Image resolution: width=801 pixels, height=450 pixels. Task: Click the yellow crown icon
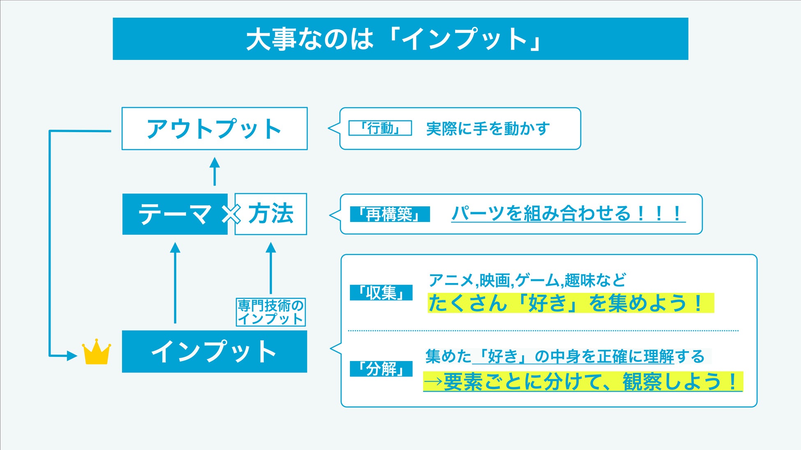pos(97,352)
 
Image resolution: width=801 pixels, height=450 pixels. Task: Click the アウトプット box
pos(214,129)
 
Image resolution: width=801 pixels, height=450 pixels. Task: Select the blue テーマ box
pos(175,214)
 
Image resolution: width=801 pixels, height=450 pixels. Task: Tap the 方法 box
pos(271,214)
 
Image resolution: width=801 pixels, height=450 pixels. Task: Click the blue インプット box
pos(214,352)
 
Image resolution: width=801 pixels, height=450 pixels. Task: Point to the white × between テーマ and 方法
pos(231,214)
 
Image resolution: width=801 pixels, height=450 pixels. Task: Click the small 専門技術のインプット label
pos(271,312)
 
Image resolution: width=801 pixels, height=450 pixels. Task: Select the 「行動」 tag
pos(380,128)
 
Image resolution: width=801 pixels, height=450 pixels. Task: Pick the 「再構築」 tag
pos(390,214)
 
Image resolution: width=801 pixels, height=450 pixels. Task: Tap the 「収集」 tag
pos(381,293)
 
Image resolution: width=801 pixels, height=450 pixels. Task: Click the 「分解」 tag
pos(381,369)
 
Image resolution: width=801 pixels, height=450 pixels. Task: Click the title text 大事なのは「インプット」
pos(394,39)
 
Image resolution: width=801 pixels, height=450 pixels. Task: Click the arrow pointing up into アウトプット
pos(214,171)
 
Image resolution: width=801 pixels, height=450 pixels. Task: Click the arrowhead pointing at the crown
pos(71,356)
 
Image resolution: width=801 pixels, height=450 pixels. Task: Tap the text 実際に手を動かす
pos(488,129)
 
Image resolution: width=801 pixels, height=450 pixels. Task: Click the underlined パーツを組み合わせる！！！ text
pos(568,214)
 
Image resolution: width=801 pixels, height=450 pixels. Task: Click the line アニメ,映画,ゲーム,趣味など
pos(527,281)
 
